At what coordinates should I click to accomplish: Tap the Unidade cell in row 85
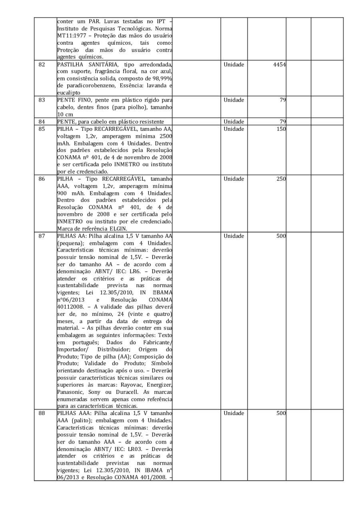(x=234, y=128)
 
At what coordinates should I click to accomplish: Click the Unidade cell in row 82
(x=234, y=64)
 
